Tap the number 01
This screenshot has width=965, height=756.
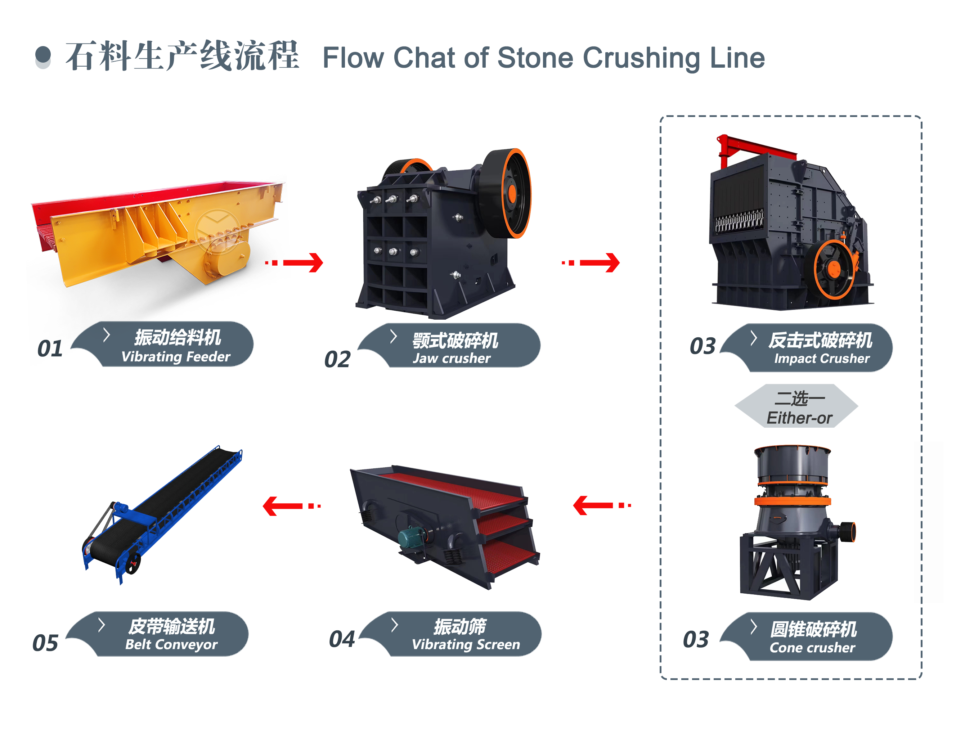coord(50,349)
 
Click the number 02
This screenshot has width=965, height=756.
coord(337,359)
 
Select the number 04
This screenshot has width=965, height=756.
coord(342,639)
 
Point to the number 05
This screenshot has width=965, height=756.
coord(45,643)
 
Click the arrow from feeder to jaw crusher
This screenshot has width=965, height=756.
coord(295,263)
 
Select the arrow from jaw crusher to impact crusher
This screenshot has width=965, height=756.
coord(591,263)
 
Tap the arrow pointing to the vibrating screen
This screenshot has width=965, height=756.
coord(602,505)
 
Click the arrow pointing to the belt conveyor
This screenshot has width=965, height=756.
coord(291,506)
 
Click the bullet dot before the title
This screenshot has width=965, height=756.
coord(43,55)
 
